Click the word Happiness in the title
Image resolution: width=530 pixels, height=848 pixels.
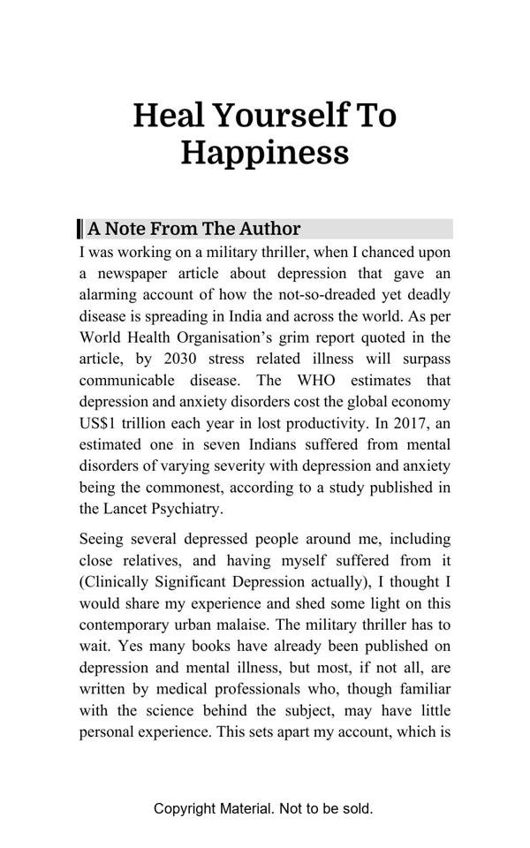[265, 152]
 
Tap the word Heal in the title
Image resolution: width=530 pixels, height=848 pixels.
[169, 115]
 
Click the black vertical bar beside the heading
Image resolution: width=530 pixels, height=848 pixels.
[80, 229]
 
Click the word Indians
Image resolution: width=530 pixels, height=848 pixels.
[255, 444]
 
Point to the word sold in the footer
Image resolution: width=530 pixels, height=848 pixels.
[354, 808]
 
